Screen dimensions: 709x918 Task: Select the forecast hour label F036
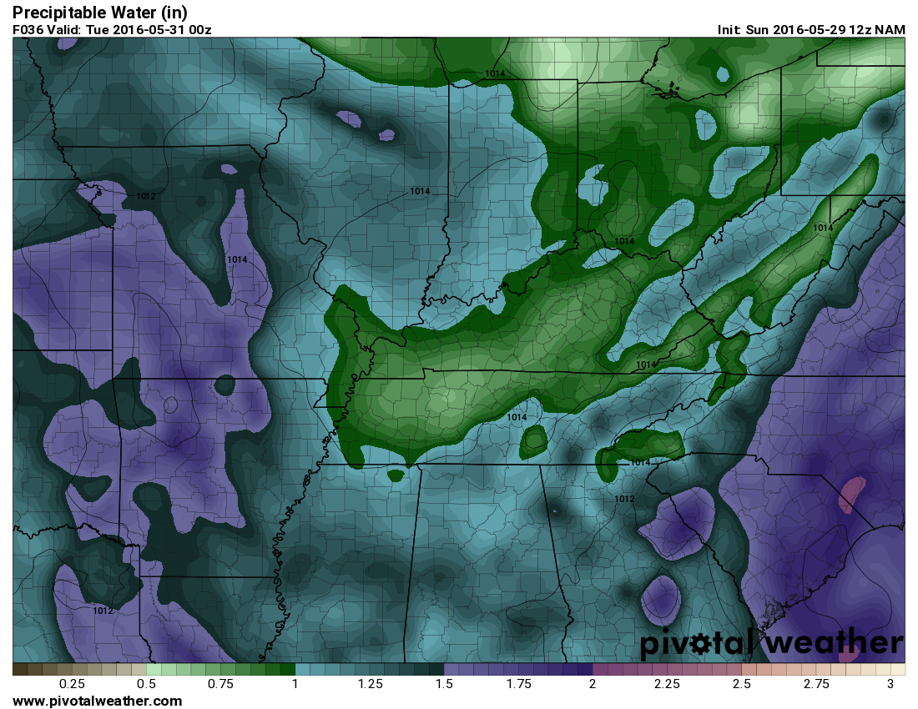[28, 29]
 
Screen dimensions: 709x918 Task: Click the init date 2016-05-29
[803, 29]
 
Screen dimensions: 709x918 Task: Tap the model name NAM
[890, 29]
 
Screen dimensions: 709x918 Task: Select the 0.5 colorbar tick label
[147, 684]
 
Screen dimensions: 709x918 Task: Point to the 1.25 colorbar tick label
[370, 684]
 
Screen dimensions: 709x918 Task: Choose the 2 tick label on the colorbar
[593, 684]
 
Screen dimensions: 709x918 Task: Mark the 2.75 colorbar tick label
[815, 684]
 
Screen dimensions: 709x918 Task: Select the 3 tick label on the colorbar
[890, 684]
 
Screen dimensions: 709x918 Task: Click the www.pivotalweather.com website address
[97, 701]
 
